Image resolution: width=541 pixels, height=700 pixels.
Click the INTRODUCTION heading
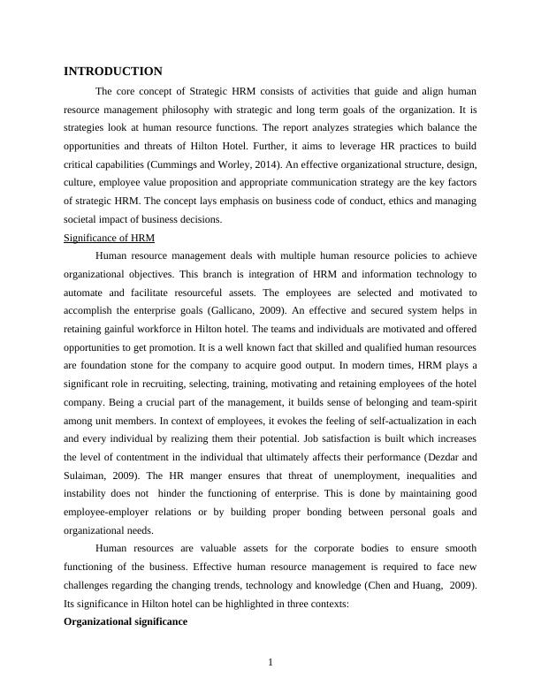[113, 72]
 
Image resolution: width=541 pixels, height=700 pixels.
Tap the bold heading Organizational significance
[126, 622]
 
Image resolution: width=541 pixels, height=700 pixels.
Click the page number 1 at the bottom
[270, 664]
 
